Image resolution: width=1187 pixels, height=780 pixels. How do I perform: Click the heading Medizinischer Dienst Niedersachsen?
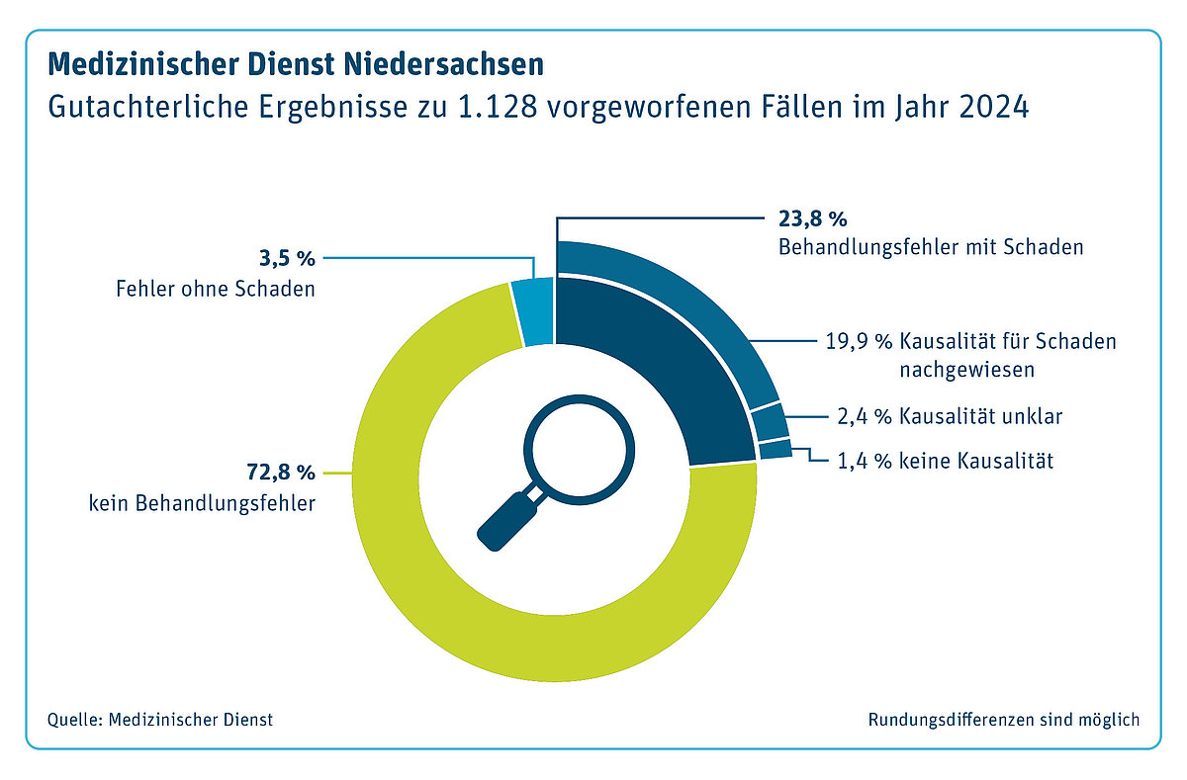click(295, 65)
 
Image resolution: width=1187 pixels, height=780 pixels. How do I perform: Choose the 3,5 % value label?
click(286, 260)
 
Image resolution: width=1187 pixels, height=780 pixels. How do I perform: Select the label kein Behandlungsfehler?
click(202, 502)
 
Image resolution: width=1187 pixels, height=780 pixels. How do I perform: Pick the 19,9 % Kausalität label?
click(970, 343)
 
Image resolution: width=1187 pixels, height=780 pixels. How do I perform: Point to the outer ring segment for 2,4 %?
click(770, 419)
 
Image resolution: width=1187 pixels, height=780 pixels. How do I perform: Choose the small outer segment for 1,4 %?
click(776, 450)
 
